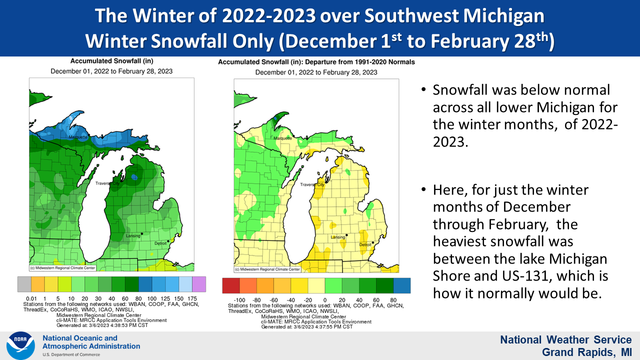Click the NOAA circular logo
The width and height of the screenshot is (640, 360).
pyautogui.click(x=20, y=345)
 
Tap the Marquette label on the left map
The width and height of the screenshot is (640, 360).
pyautogui.click(x=78, y=137)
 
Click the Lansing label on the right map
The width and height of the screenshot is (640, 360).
pyautogui.click(x=338, y=237)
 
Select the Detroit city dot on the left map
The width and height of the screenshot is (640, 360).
pyautogui.click(x=168, y=241)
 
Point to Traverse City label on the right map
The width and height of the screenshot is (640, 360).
pyautogui.click(x=312, y=184)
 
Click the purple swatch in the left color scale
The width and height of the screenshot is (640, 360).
pyautogui.click(x=199, y=284)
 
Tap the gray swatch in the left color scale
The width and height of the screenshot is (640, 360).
pyautogui.click(x=24, y=284)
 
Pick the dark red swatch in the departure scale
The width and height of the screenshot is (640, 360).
pyautogui.click(x=231, y=285)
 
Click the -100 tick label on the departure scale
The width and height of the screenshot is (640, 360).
pyautogui.click(x=239, y=300)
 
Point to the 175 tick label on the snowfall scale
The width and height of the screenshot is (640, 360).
pyautogui.click(x=192, y=298)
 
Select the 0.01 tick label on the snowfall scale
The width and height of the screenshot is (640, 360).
pyautogui.click(x=31, y=298)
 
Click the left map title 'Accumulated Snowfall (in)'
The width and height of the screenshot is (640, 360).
pyautogui.click(x=111, y=61)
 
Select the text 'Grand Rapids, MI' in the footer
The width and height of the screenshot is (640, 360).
pyautogui.click(x=587, y=352)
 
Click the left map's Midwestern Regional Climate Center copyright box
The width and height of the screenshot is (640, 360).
pyautogui.click(x=62, y=268)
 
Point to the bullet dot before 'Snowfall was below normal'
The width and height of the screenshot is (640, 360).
pyautogui.click(x=423, y=90)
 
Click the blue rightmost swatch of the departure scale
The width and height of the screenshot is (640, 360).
pyautogui.click(x=402, y=285)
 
